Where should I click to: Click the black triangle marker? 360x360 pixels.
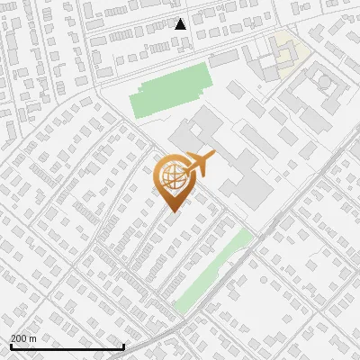click(x=181, y=23)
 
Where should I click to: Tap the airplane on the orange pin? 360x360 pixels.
click(x=197, y=165)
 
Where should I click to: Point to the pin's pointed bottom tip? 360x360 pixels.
click(x=172, y=211)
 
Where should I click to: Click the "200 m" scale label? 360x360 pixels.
click(x=24, y=338)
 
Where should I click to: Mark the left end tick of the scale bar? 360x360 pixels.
click(x=11, y=346)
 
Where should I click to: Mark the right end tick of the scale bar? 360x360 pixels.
click(x=123, y=346)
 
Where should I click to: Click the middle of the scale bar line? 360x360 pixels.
click(x=67, y=346)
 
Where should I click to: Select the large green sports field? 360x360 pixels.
click(x=166, y=94)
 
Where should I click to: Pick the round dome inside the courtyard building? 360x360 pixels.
click(x=323, y=83)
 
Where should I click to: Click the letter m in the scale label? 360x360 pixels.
click(x=32, y=338)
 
